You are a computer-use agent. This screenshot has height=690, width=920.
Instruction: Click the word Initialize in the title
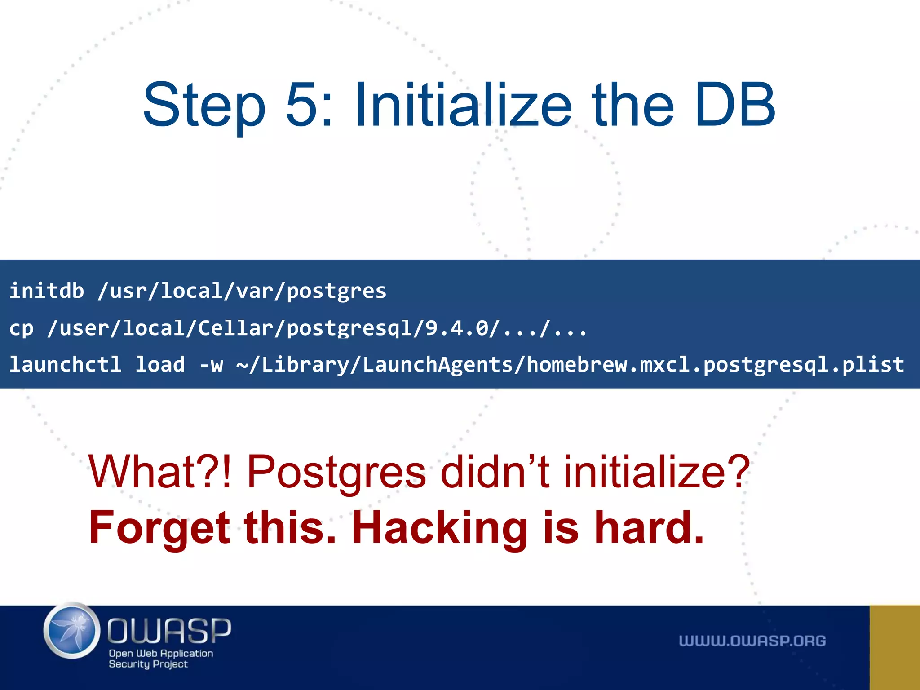(463, 105)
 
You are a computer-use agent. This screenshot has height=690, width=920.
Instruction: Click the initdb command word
(47, 291)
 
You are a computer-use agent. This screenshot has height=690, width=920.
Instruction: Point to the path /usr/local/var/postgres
(242, 291)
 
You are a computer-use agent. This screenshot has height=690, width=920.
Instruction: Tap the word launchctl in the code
(66, 364)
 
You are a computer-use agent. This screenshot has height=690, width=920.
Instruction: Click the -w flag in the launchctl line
(211, 364)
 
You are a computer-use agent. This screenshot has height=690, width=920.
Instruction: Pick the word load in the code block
(160, 364)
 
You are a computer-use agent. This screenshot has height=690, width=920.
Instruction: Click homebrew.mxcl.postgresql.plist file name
(715, 364)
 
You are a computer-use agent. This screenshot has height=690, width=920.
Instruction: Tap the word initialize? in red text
(656, 472)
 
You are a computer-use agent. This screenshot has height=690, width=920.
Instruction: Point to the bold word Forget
(159, 528)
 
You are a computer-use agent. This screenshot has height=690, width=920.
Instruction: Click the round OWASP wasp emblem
(72, 631)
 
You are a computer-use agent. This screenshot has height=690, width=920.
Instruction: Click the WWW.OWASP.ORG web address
(752, 641)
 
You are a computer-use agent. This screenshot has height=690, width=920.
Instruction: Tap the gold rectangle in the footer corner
(894, 647)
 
